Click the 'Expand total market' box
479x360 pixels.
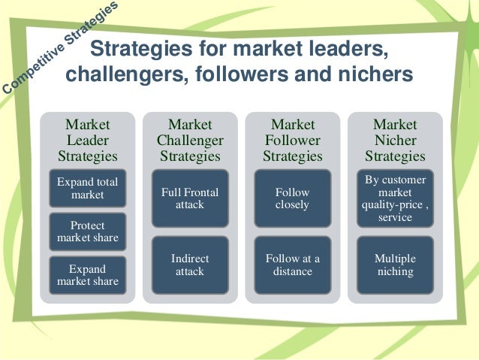(x=88, y=189)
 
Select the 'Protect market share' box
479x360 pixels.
(x=88, y=231)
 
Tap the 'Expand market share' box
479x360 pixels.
(x=88, y=274)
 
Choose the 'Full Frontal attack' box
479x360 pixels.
(x=190, y=198)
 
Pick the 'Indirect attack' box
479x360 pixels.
(x=190, y=265)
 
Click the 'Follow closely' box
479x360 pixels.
(x=292, y=198)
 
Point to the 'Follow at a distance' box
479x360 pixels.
(x=292, y=265)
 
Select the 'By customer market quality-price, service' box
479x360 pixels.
(x=395, y=198)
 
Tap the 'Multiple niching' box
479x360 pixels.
(x=395, y=265)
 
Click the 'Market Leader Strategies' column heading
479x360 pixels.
(x=88, y=140)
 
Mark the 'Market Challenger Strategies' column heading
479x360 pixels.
(x=190, y=140)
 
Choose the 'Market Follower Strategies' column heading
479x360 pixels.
(x=292, y=140)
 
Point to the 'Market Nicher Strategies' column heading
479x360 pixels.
(x=395, y=140)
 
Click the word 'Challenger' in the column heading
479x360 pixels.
(x=190, y=141)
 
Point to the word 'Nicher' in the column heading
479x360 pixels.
(x=395, y=141)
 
